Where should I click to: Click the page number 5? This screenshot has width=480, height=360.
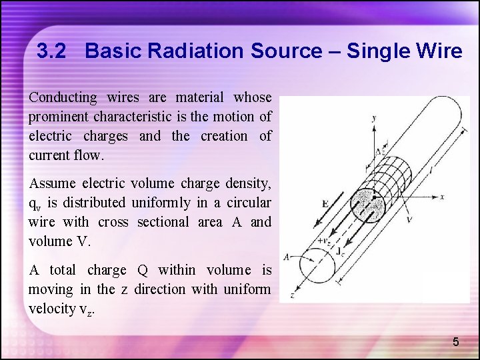tap(456, 342)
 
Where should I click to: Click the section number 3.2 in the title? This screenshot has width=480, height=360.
tap(51, 51)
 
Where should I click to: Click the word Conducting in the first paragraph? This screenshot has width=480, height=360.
tap(63, 97)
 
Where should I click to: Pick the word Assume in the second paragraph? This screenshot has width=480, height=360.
tap(52, 183)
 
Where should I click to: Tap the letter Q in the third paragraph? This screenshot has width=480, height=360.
tap(143, 270)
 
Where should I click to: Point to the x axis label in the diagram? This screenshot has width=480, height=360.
tap(442, 197)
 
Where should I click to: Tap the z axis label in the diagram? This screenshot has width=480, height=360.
tap(291, 294)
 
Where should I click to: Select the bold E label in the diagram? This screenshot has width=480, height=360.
tap(325, 203)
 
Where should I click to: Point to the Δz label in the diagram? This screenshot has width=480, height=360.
tap(379, 151)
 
